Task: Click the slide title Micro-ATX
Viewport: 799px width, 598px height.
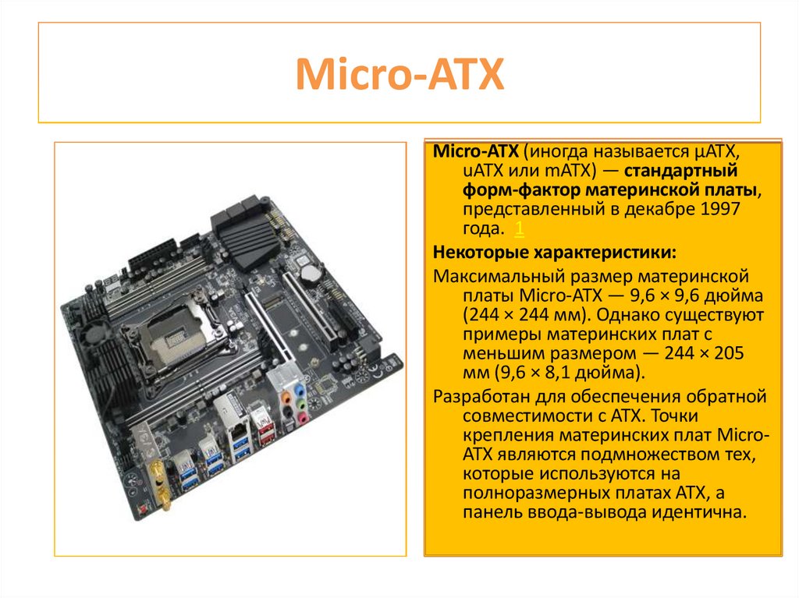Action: [x=399, y=74]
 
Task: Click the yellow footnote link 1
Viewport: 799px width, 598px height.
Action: [x=519, y=228]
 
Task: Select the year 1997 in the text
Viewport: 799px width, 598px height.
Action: [x=720, y=209]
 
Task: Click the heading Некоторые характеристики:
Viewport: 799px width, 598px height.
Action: [x=555, y=252]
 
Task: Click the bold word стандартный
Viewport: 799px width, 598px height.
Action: [x=680, y=172]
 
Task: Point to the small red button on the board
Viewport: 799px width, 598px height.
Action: [x=143, y=508]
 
